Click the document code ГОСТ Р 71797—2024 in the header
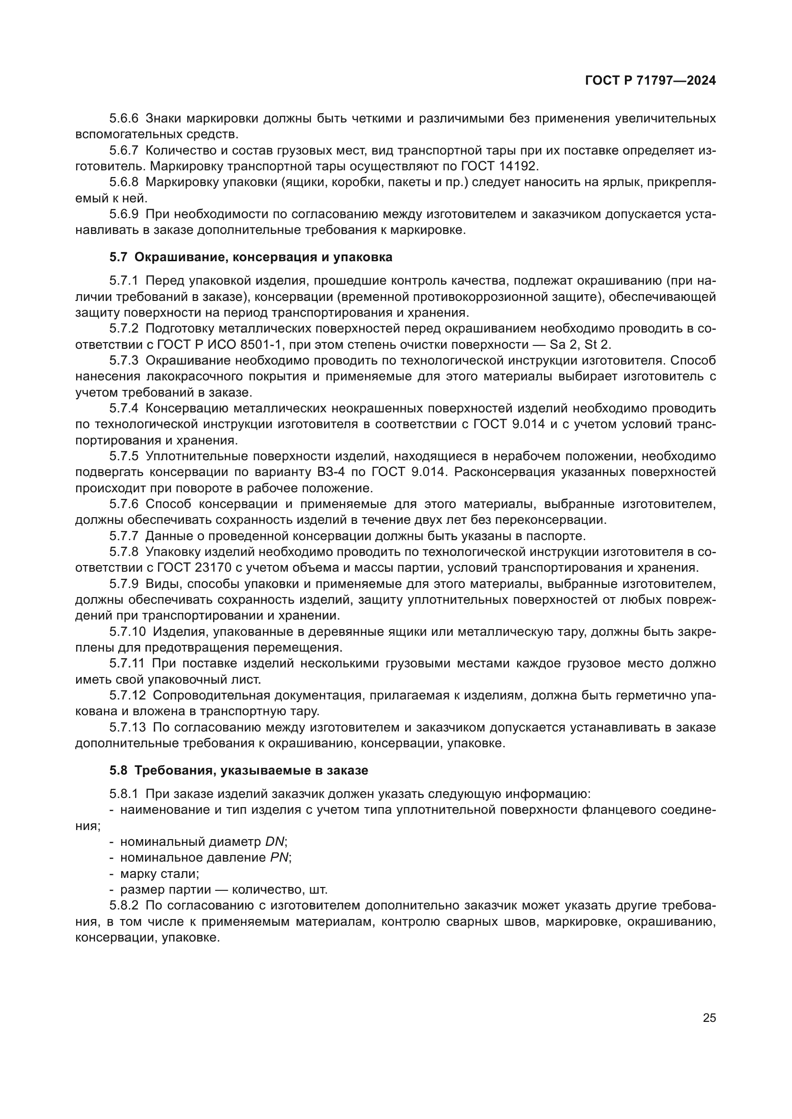point(650,81)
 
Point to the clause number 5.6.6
point(124,119)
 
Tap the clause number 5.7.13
point(127,728)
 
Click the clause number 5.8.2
point(124,906)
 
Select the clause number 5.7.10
point(127,632)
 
